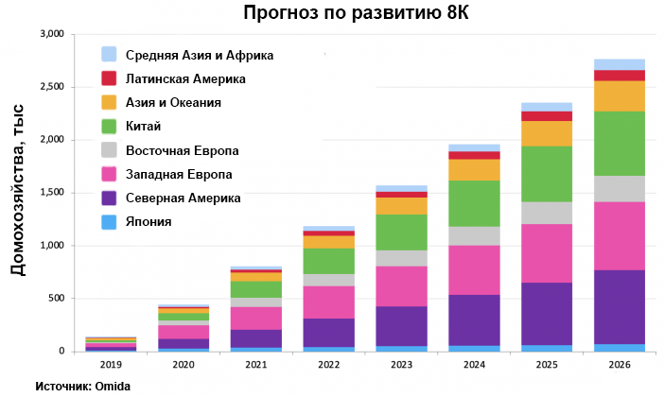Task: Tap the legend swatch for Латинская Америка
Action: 109,79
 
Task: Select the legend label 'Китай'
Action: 143,127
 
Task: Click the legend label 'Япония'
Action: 149,222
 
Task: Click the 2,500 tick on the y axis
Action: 48,87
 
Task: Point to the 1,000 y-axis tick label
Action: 48,246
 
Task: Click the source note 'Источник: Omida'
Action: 82,387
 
